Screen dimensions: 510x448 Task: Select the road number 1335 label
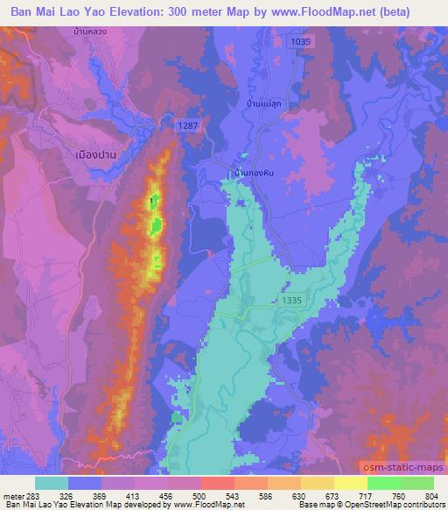click(x=293, y=300)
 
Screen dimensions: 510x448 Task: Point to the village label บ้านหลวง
click(x=93, y=32)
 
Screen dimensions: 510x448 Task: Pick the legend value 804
click(x=433, y=494)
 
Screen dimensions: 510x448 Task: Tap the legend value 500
click(x=199, y=494)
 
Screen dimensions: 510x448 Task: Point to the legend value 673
click(x=332, y=494)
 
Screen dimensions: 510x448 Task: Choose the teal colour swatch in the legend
click(x=52, y=483)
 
